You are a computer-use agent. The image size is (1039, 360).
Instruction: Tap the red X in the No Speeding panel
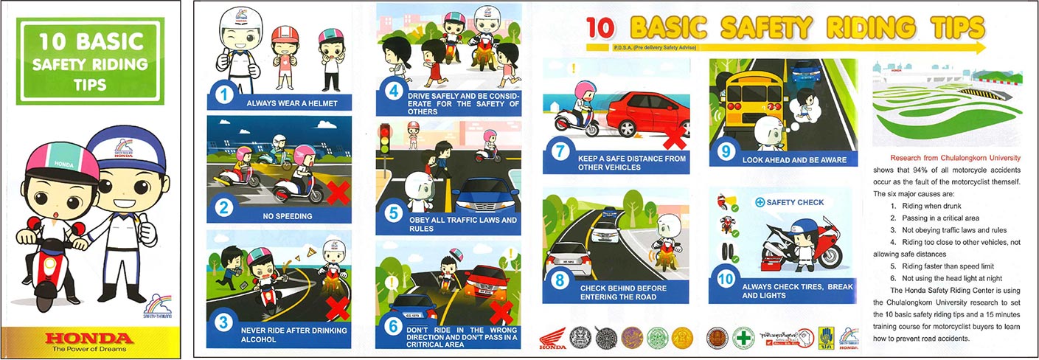pyautogui.click(x=338, y=193)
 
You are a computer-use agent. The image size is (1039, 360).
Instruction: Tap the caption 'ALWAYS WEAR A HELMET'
pyautogui.click(x=292, y=103)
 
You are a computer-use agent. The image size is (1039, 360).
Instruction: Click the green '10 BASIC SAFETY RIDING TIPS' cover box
pyautogui.click(x=90, y=62)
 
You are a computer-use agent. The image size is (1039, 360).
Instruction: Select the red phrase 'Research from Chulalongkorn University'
pyautogui.click(x=955, y=158)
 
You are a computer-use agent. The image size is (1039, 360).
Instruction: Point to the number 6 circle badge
pyautogui.click(x=393, y=333)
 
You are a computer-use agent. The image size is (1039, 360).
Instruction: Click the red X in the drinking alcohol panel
pyautogui.click(x=338, y=306)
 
